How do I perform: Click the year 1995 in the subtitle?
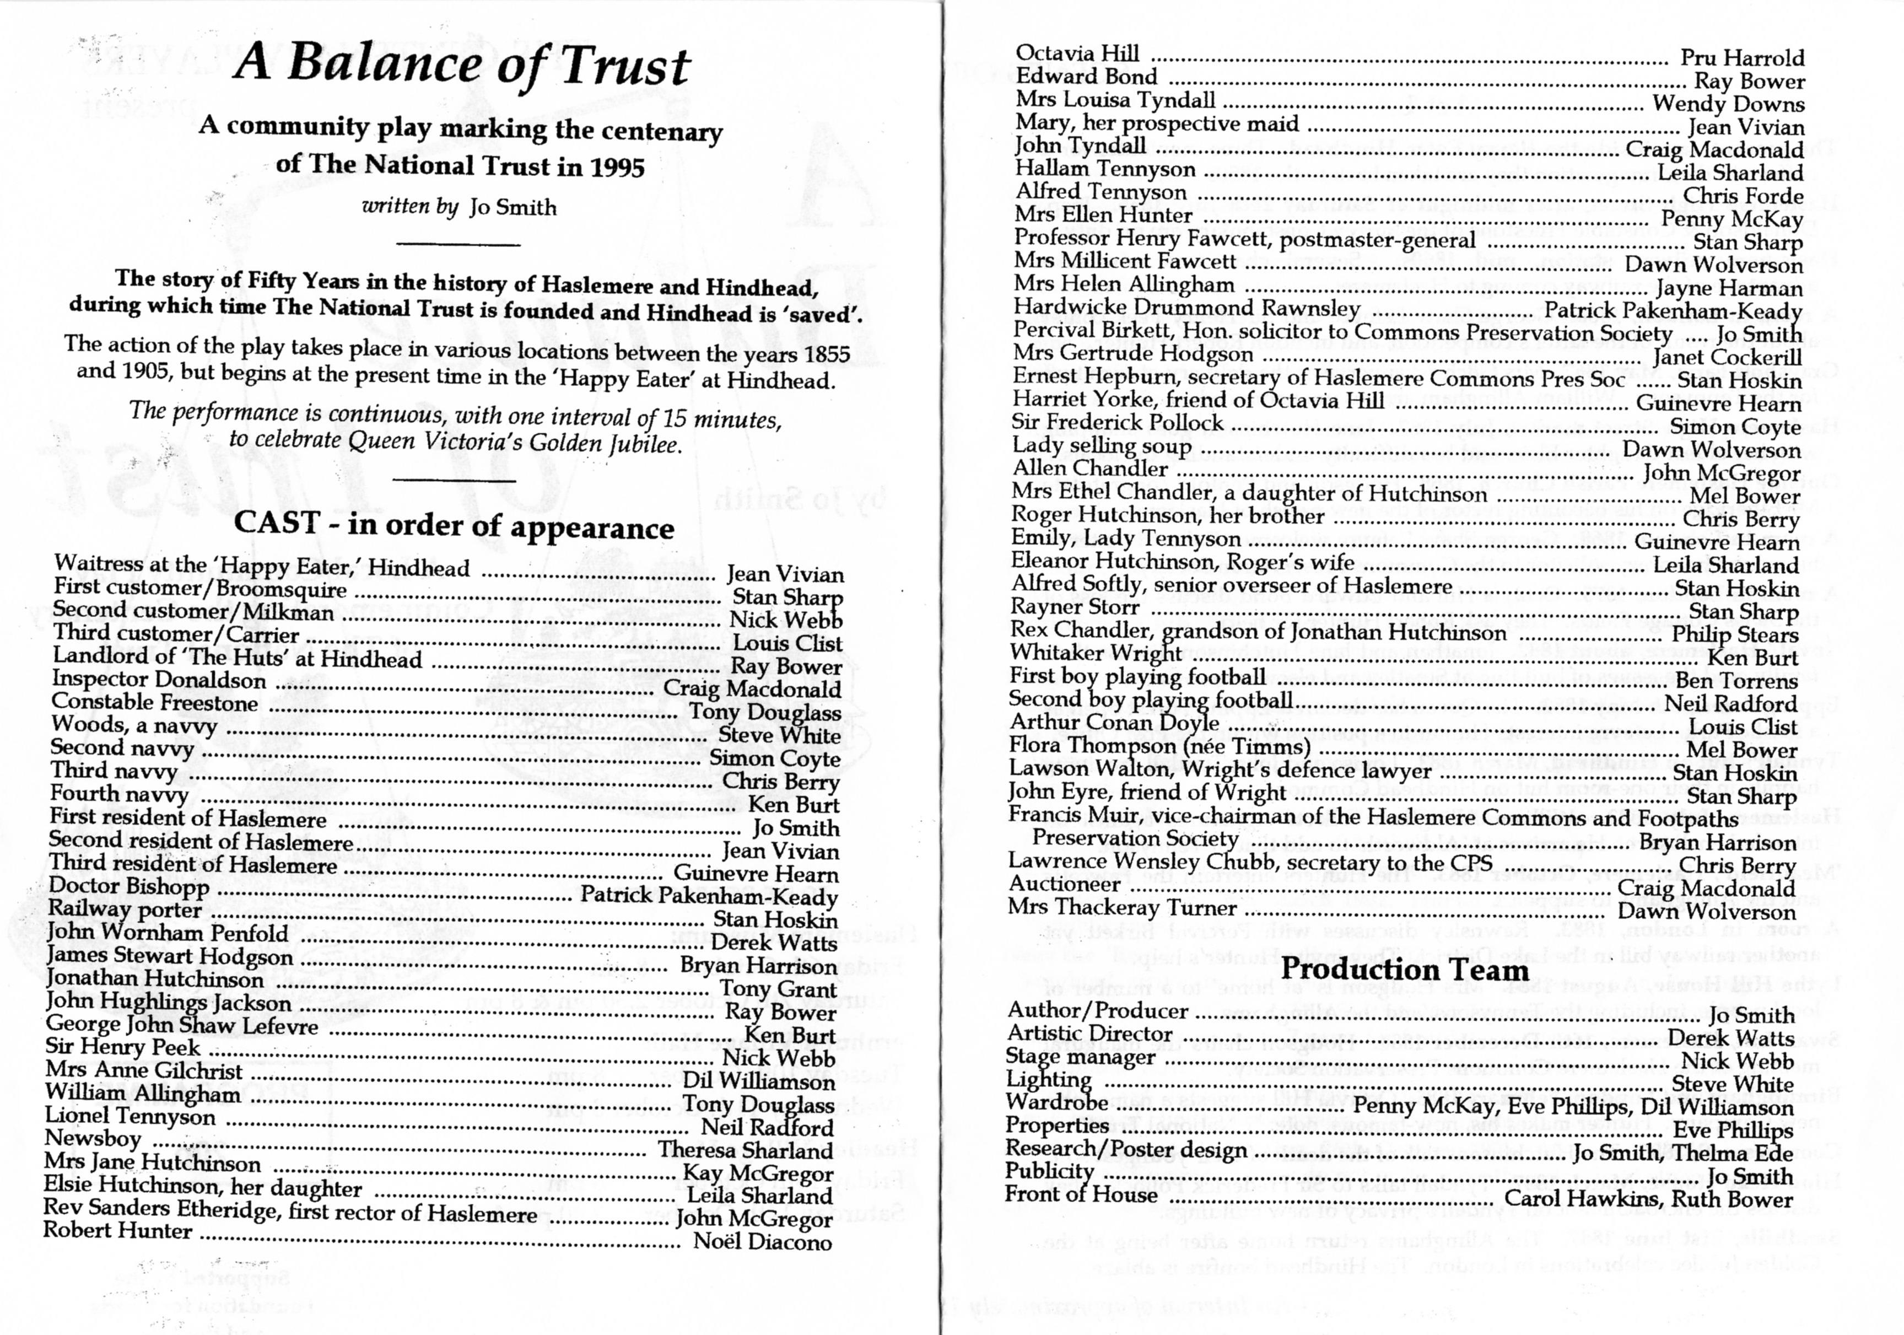tap(617, 168)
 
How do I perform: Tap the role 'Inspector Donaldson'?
tap(159, 680)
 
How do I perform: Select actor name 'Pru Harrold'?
tap(1741, 58)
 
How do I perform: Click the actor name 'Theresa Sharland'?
tap(746, 1150)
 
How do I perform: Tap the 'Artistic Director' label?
tap(1089, 1034)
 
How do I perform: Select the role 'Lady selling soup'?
tap(1101, 446)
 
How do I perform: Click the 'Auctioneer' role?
tap(1064, 884)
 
